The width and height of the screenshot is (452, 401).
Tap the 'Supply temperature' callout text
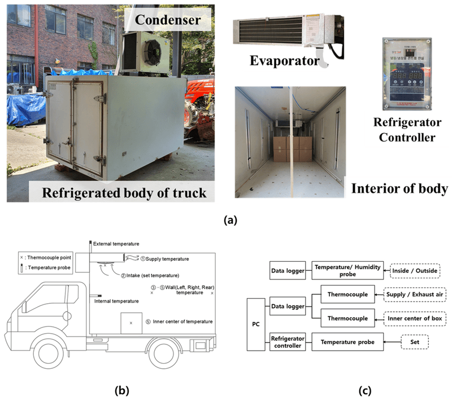tap(167, 258)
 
